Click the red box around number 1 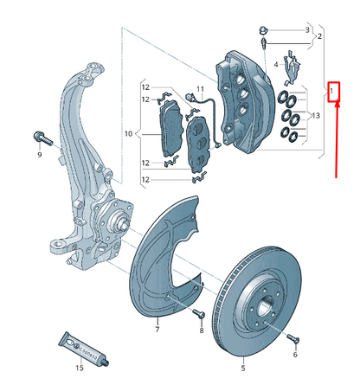tap(334, 90)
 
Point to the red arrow tap(337, 138)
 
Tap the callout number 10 tap(128, 134)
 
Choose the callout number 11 tap(199, 89)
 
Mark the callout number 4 tap(276, 64)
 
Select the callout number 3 tap(306, 29)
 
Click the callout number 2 tap(319, 36)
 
